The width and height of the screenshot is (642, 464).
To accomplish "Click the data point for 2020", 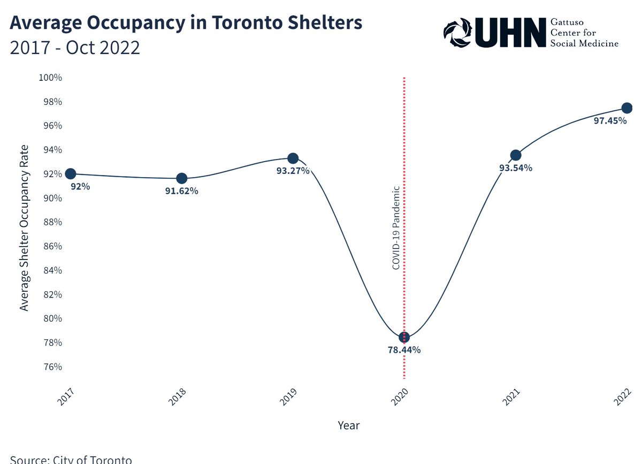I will tap(404, 337).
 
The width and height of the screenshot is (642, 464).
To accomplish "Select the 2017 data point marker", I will tap(70, 173).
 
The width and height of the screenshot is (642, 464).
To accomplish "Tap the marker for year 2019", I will tap(293, 158).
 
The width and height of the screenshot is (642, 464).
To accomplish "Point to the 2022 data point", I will tap(627, 108).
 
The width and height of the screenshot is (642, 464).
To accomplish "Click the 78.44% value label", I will tap(404, 350).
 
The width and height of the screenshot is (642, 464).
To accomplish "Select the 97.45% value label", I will tap(610, 121).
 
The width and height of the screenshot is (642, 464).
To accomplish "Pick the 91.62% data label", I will tap(181, 191).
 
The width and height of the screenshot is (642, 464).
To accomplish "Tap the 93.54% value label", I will tap(516, 168).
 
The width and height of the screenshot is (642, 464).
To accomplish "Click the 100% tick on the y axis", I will tap(50, 78).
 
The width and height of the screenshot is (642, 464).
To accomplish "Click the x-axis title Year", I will tap(349, 426).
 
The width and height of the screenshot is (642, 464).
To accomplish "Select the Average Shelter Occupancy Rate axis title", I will tap(24, 227).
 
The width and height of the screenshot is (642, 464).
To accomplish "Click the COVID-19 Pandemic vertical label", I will tap(396, 227).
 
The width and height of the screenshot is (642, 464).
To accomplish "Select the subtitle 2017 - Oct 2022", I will tap(75, 48).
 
